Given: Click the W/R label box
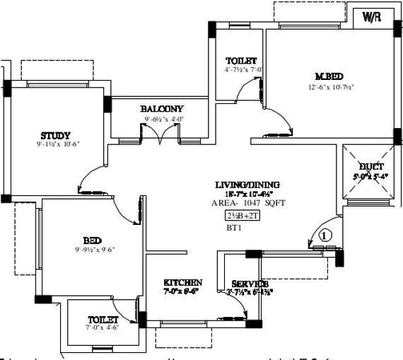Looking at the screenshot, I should click(372, 16).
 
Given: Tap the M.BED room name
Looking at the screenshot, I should click(329, 76).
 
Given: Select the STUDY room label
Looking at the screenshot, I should click(55, 135).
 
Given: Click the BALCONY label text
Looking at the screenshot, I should click(161, 108).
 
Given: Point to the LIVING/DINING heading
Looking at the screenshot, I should click(247, 185).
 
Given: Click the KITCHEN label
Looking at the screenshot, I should click(183, 281).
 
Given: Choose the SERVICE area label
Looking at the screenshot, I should click(250, 283).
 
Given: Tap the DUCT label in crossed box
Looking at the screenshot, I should click(370, 167).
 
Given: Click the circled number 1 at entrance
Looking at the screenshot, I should click(325, 236).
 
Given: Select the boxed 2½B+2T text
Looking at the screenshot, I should click(243, 216).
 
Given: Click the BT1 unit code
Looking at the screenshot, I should click(234, 228).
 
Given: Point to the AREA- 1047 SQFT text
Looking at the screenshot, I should click(247, 202).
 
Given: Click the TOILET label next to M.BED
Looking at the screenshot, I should click(240, 60).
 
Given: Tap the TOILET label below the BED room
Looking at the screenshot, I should click(103, 319).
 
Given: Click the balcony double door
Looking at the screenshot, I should click(163, 137).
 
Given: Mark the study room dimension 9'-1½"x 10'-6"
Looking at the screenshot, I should click(57, 145).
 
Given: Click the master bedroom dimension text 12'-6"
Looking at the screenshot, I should click(330, 87).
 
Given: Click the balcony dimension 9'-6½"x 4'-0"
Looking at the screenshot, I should click(164, 119).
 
